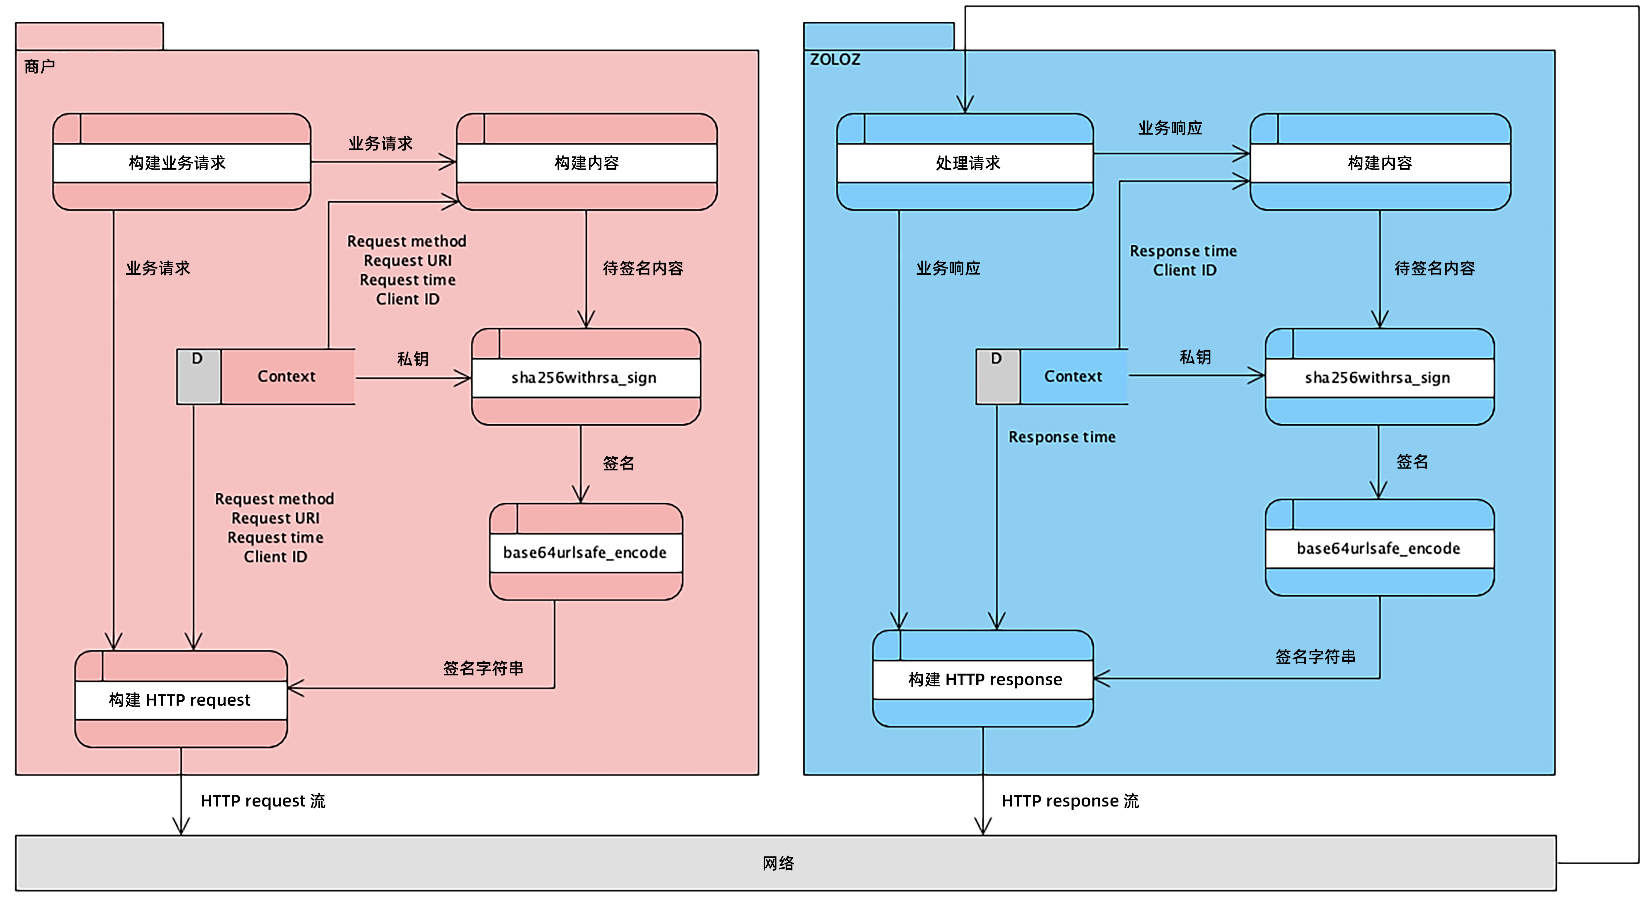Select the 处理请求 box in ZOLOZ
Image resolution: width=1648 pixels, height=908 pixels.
point(965,162)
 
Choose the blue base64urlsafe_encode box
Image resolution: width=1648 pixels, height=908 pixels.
point(1379,548)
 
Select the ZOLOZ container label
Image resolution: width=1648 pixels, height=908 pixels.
point(835,60)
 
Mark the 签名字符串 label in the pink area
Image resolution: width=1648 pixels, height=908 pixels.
point(483,668)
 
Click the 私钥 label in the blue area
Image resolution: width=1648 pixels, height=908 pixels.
point(1195,357)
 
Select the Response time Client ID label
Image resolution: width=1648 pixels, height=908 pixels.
point(1184,260)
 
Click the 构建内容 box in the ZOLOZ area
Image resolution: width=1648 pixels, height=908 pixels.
point(1380,162)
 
